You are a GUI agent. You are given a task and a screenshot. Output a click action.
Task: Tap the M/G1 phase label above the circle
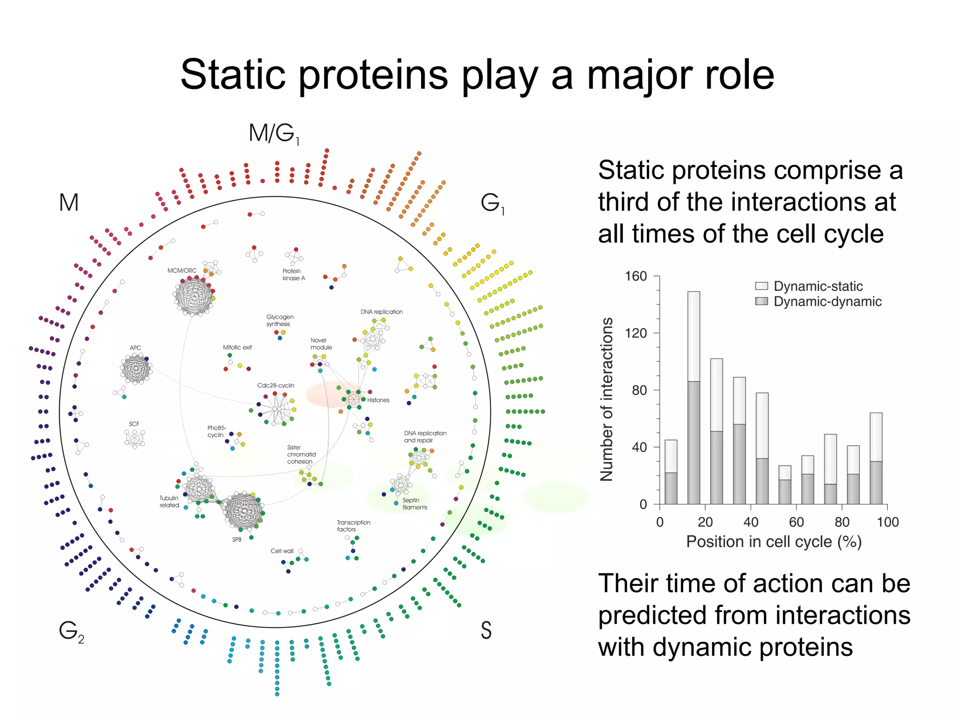tap(274, 134)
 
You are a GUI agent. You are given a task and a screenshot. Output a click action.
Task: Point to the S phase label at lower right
tap(486, 630)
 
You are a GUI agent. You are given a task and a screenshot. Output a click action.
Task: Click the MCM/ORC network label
tap(182, 270)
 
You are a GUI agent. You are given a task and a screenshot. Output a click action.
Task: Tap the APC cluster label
tap(135, 348)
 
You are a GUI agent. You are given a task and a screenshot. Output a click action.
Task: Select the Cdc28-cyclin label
tap(276, 386)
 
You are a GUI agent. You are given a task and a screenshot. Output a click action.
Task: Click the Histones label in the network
tap(378, 400)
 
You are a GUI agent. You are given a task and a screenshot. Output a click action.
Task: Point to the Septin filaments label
tap(414, 504)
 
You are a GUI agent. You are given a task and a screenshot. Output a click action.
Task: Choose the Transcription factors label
tap(353, 526)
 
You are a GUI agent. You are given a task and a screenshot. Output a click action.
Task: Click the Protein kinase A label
tap(293, 275)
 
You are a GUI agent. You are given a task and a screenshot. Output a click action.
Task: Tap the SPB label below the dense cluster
tap(237, 539)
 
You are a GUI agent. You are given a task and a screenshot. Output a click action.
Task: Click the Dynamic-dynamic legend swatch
tap(761, 301)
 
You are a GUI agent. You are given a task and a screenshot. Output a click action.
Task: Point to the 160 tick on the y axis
tap(636, 276)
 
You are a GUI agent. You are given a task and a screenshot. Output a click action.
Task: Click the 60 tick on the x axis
tap(796, 522)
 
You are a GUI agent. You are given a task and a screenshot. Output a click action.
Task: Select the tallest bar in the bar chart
tap(693, 396)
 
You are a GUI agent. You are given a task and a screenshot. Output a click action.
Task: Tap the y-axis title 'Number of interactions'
tap(606, 399)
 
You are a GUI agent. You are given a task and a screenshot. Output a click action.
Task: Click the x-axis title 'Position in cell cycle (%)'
tap(774, 542)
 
